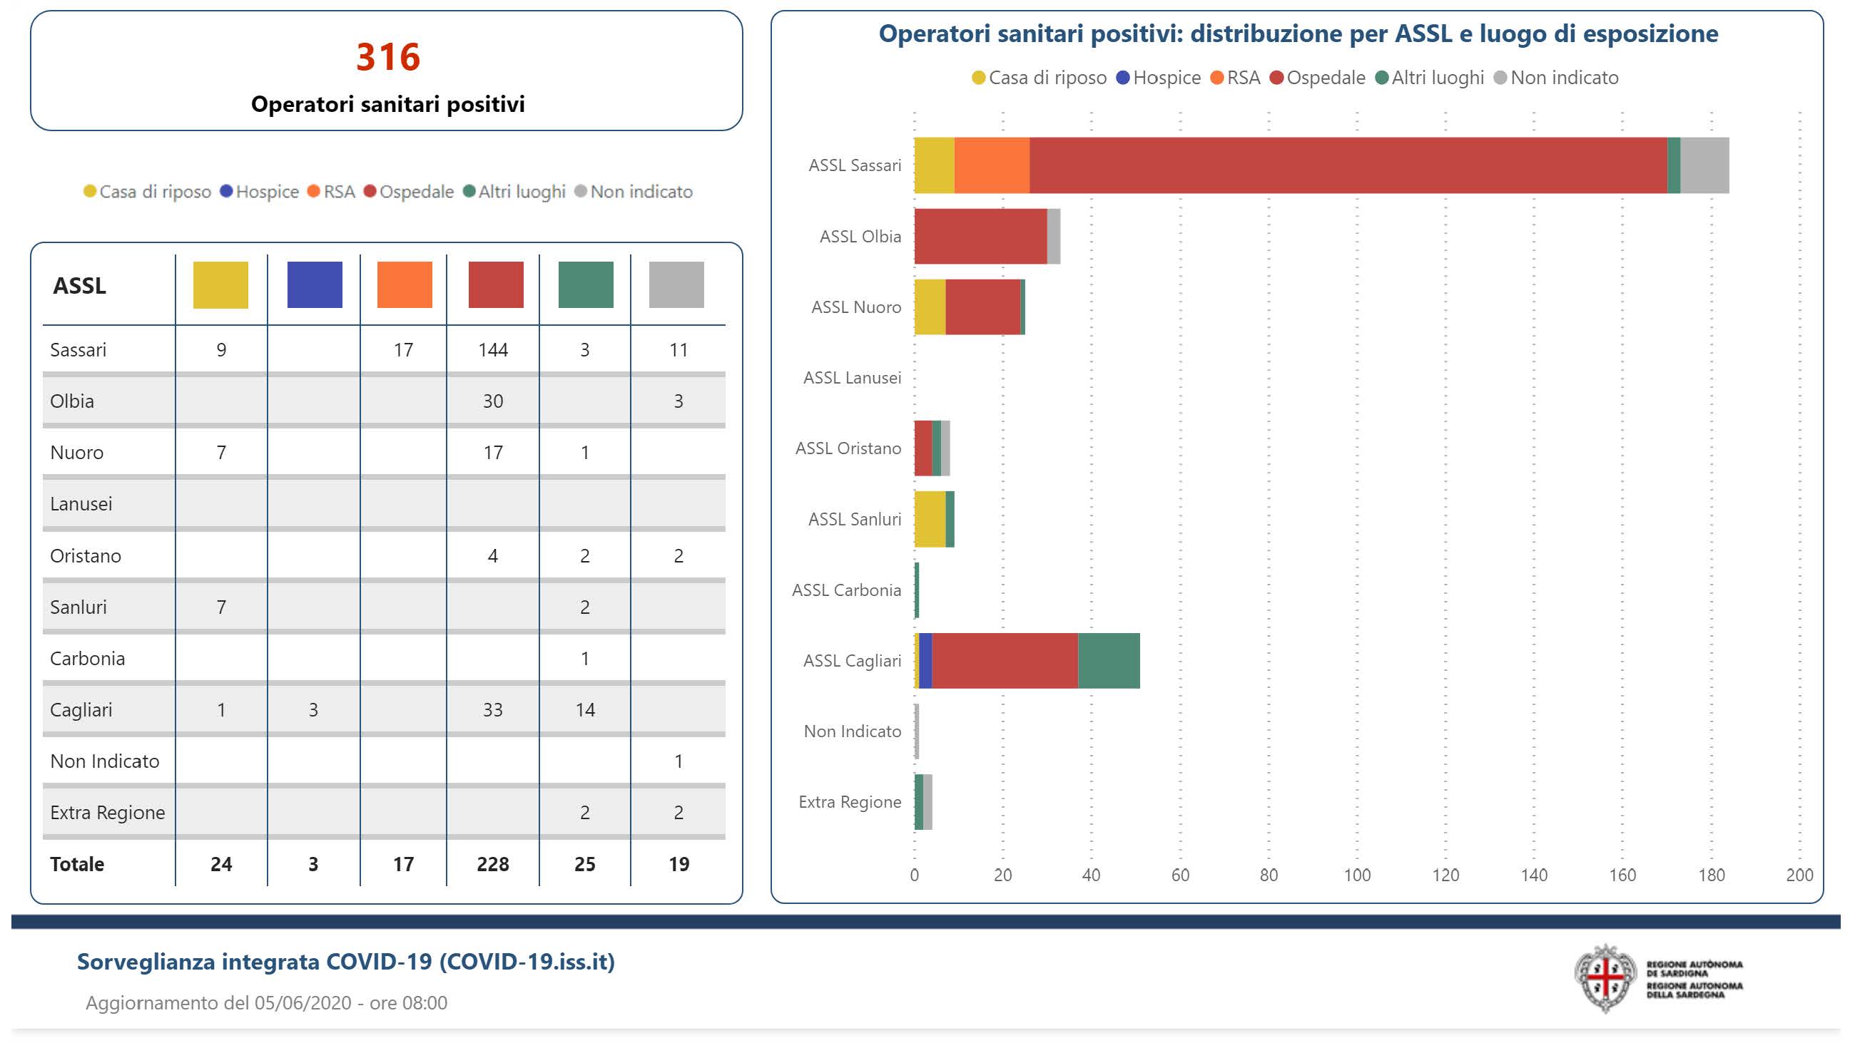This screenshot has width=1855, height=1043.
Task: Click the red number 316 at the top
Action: [x=388, y=57]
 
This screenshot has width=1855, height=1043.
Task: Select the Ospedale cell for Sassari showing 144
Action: [x=492, y=350]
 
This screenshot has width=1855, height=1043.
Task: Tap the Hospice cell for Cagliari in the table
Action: [x=313, y=710]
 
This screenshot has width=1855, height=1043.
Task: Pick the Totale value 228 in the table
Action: [x=492, y=864]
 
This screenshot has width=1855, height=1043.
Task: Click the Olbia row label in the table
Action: [x=72, y=401]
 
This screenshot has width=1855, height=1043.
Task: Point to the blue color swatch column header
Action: [x=315, y=285]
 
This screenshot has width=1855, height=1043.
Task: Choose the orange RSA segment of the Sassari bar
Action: [x=992, y=165]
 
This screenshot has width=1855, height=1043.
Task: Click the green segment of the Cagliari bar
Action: [x=1108, y=661]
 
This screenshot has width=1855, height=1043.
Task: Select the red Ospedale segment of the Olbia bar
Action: [x=980, y=236]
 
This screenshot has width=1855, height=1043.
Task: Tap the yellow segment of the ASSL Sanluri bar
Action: [x=930, y=519]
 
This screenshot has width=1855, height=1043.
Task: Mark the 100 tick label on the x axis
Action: [x=1357, y=875]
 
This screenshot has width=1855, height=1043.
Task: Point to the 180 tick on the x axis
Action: [x=1711, y=875]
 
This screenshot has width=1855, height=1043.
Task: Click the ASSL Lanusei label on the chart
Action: [x=852, y=378]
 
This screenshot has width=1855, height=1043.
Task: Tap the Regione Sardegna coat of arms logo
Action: [x=1605, y=978]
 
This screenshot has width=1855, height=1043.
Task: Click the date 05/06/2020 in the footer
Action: [x=303, y=1002]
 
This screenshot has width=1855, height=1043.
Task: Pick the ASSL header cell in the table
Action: [x=79, y=286]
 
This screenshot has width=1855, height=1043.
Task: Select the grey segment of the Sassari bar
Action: [x=1704, y=165]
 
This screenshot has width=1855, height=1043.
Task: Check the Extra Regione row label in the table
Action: [x=107, y=813]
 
